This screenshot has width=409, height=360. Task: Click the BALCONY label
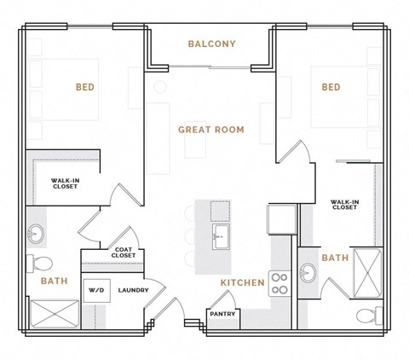click(x=212, y=44)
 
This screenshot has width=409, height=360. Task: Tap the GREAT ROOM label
click(x=211, y=130)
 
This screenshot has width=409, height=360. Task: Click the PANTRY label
click(x=223, y=314)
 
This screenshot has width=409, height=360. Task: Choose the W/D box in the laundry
click(x=95, y=290)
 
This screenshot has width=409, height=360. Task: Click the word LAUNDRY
click(x=134, y=290)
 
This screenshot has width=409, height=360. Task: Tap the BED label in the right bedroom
click(x=331, y=87)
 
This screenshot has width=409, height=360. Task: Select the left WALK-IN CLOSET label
click(x=64, y=183)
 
